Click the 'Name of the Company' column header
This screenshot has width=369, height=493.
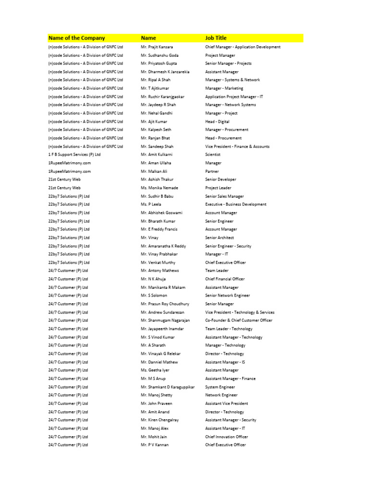point(76,38)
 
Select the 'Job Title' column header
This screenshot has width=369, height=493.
point(216,38)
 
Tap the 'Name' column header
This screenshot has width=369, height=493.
point(148,38)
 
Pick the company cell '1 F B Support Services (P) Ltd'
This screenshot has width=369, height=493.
point(74,155)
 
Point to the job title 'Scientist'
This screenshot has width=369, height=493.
point(213,155)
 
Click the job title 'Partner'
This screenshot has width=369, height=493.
point(212,171)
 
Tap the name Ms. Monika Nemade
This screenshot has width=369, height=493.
point(160,188)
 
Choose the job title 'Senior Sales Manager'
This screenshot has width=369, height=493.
point(224,196)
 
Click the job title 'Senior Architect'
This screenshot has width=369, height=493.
point(220,237)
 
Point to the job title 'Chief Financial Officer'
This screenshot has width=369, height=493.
point(225,279)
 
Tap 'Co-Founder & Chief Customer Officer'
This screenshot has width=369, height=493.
point(239,321)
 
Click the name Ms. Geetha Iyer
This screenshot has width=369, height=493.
point(155,370)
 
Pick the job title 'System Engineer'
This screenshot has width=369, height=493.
point(220,387)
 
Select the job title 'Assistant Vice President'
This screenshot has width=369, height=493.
point(227,403)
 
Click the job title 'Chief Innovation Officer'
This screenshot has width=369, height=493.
point(227,437)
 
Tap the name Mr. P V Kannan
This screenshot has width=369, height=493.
point(155,445)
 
